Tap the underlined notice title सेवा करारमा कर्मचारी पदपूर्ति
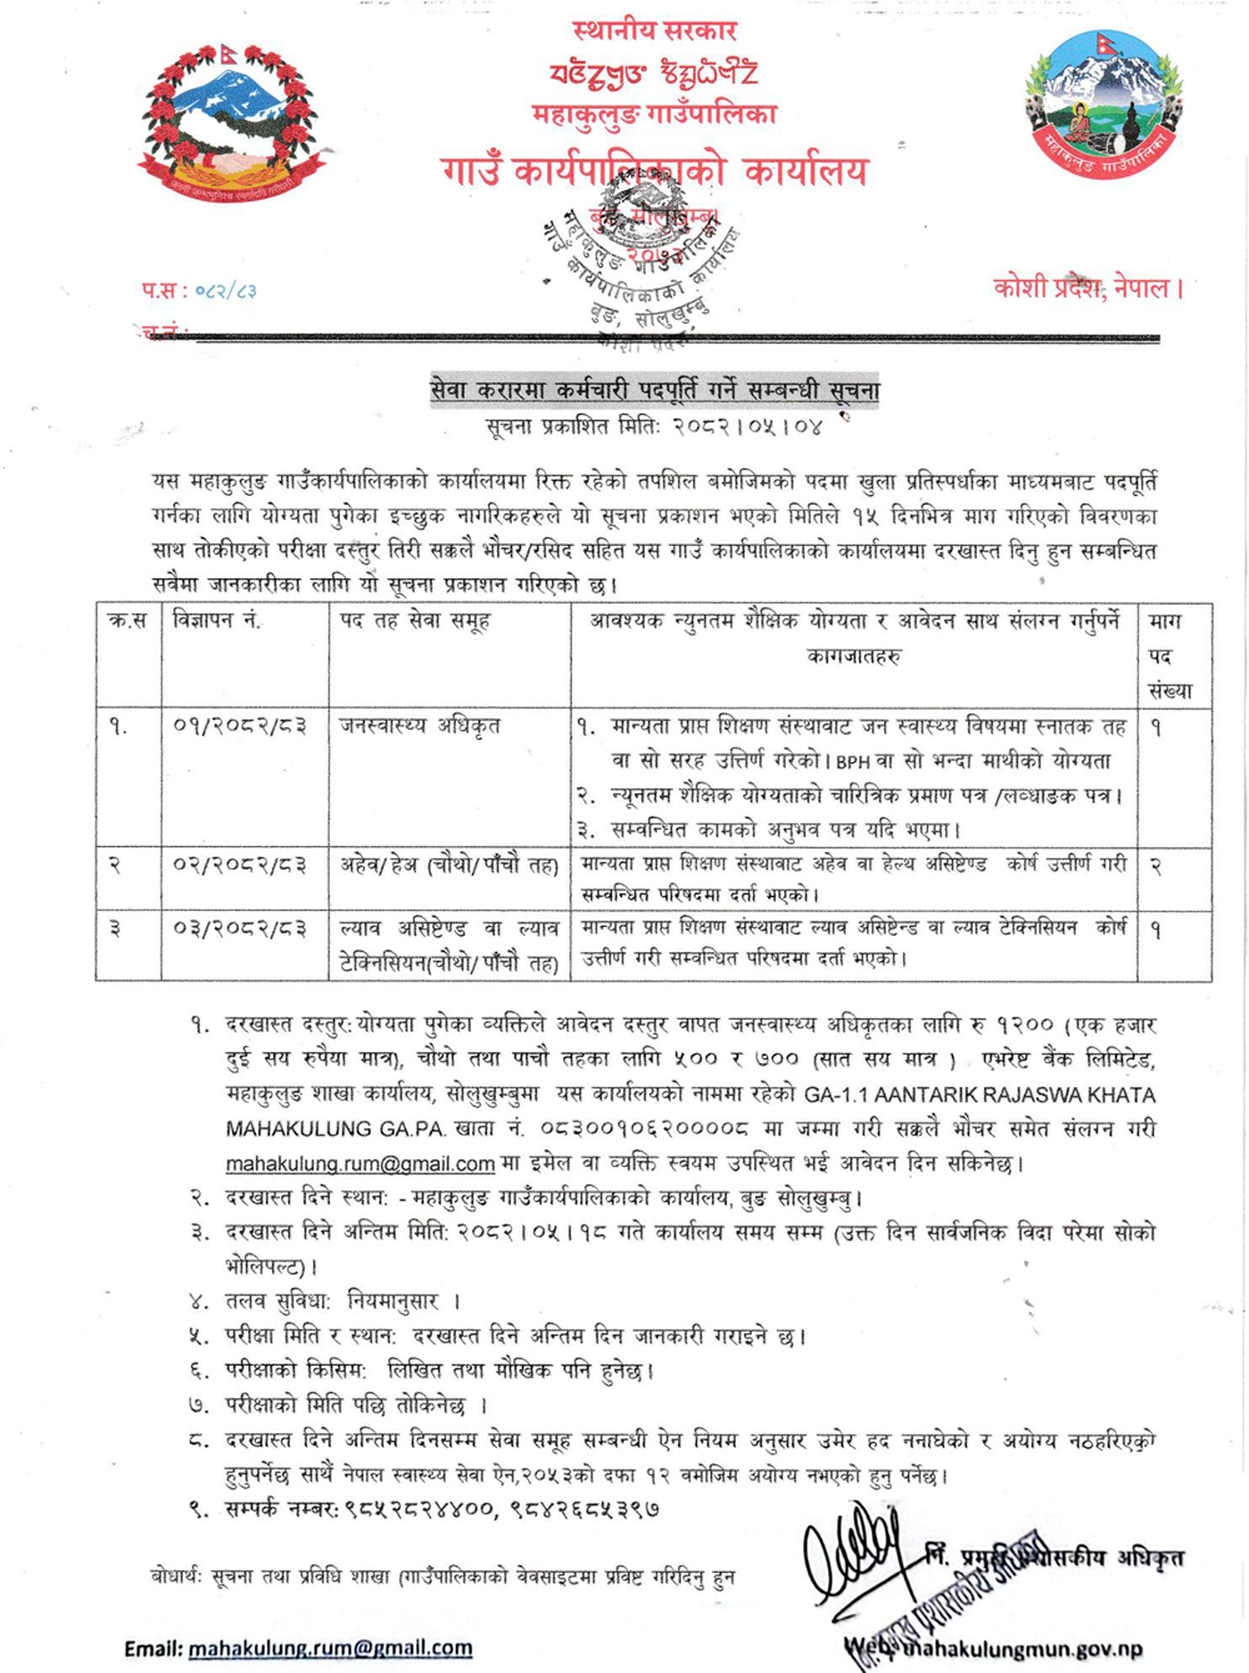click(655, 391)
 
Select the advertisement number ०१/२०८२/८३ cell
click(240, 727)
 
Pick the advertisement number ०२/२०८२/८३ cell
click(240, 865)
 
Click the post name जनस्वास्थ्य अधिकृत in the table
click(419, 726)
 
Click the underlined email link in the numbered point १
click(360, 1164)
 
